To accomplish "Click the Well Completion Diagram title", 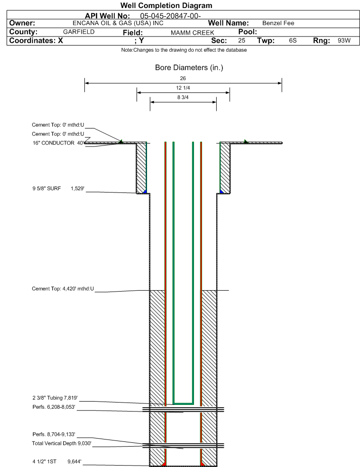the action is [166, 5].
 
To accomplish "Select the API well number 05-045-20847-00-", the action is [170, 16].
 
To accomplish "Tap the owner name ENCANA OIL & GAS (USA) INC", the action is [118, 23].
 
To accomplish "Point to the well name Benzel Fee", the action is [278, 23].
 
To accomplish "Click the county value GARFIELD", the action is [79, 32].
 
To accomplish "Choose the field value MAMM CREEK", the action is [192, 33].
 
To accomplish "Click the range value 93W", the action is [344, 40].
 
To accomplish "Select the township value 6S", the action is [293, 40].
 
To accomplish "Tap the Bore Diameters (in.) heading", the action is [189, 68].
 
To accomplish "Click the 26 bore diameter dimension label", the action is [183, 78].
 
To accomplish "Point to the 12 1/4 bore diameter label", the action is [183, 88].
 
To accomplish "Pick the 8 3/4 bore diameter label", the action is [183, 97].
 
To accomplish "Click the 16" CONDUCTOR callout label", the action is [58, 143].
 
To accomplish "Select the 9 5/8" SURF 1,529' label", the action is [58, 189].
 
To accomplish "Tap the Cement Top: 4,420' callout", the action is [63, 289].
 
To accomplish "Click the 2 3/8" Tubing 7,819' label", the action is [55, 398].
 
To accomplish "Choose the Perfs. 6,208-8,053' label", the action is [54, 407].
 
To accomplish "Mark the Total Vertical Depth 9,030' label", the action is [62, 443].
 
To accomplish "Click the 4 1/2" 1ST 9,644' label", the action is [57, 462].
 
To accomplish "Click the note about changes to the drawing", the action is [184, 50].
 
